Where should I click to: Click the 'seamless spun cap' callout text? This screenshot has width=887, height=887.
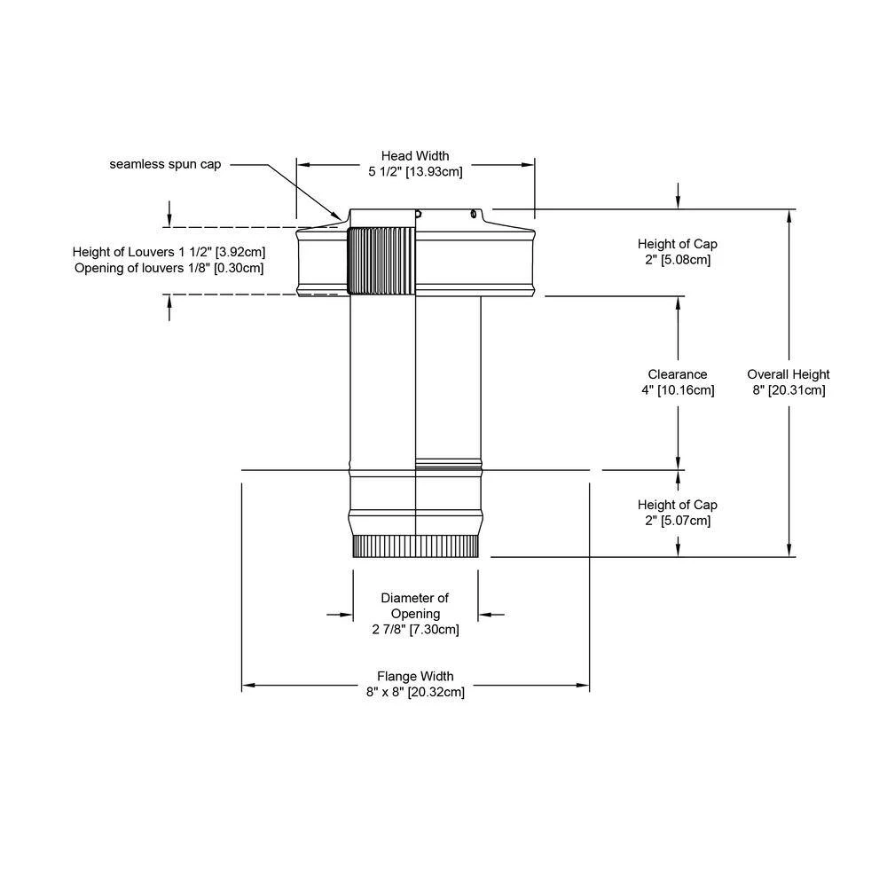(165, 164)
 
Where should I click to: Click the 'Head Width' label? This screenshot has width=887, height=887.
(415, 156)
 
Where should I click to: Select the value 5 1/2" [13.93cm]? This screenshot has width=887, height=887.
(415, 172)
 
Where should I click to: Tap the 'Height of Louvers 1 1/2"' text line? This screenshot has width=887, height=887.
(169, 252)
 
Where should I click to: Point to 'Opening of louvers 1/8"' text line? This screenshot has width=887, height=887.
(169, 268)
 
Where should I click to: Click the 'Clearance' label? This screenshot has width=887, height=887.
(678, 374)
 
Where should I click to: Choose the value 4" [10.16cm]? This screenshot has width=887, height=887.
(678, 390)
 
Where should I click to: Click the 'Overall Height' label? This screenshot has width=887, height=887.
(788, 374)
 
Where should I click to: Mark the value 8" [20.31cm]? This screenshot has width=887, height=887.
(788, 390)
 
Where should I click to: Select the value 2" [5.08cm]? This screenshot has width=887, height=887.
(678, 260)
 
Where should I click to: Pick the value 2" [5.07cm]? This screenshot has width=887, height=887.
(678, 521)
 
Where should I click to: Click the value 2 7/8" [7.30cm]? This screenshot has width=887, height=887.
(415, 630)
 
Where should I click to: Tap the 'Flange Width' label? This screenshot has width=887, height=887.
(415, 677)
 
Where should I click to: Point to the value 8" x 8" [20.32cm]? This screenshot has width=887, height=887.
(415, 693)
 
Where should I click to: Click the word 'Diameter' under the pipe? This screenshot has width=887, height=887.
(415, 598)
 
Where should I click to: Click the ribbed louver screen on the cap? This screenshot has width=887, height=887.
(381, 261)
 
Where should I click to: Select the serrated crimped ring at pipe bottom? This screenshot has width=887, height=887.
(415, 546)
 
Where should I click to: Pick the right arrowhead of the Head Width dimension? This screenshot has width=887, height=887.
(530, 164)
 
